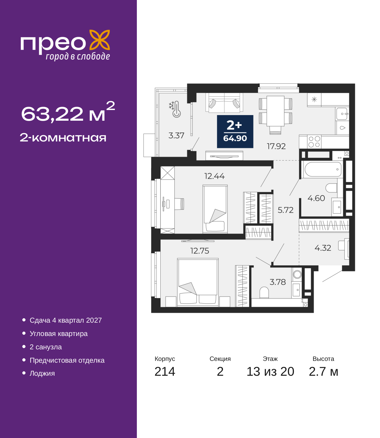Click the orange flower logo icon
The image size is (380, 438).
[x=99, y=40]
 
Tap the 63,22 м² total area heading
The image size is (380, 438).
[x=68, y=112]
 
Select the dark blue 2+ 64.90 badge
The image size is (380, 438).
[x=235, y=131]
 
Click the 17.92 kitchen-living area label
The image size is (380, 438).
[x=276, y=146]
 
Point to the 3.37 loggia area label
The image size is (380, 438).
[x=176, y=136]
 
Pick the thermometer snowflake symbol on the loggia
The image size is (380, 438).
[x=175, y=109]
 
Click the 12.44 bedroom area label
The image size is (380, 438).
[x=214, y=176]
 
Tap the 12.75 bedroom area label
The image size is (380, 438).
[x=200, y=251]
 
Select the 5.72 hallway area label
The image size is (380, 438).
[x=286, y=210]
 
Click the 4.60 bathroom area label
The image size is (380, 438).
[x=316, y=198]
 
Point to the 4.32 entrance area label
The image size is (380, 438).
[x=323, y=248]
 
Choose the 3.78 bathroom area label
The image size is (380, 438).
[x=278, y=282]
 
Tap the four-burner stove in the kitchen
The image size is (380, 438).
[x=314, y=142]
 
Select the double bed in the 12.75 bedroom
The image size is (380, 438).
[x=198, y=282]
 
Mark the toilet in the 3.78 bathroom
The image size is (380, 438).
[x=264, y=292]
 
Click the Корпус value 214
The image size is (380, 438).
[x=165, y=372]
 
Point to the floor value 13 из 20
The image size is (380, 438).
[x=270, y=372]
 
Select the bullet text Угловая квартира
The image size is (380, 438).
[x=58, y=334]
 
